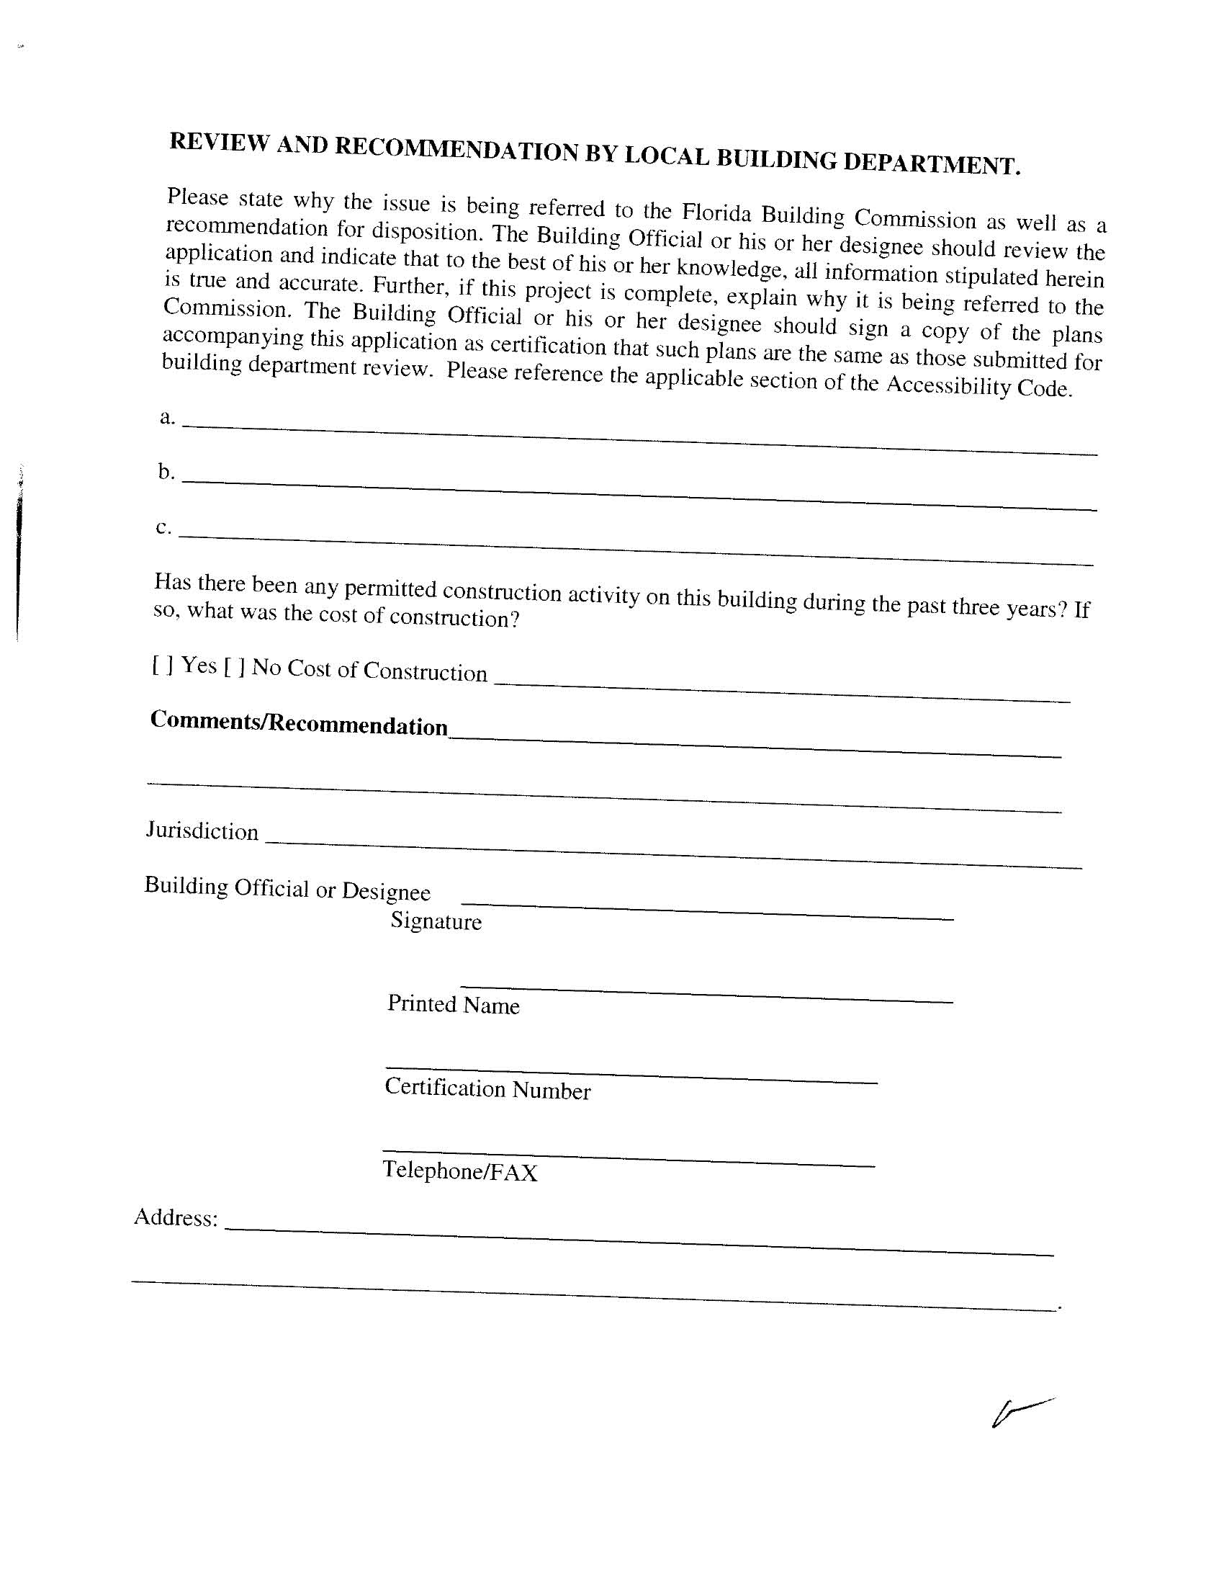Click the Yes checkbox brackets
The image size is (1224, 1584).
[x=163, y=664]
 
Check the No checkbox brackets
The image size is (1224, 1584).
[x=234, y=666]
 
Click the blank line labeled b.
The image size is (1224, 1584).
[x=638, y=493]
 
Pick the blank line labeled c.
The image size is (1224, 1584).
[x=635, y=549]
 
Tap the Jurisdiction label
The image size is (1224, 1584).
[x=202, y=831]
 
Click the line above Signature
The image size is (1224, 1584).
[x=707, y=911]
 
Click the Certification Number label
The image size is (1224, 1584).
[x=487, y=1088]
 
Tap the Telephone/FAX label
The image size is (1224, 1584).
[x=460, y=1171]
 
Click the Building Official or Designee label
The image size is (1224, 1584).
[x=287, y=888]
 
